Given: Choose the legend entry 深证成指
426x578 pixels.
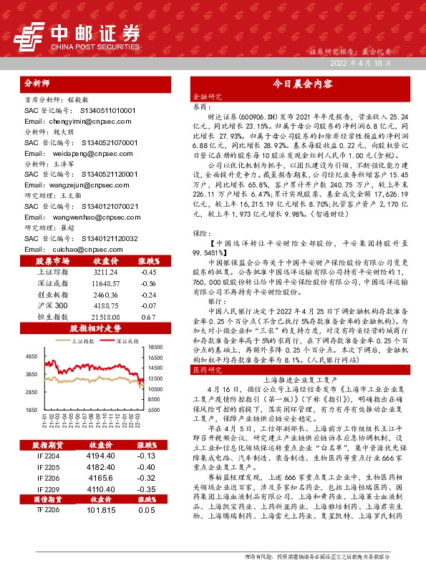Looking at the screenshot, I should coord(125,342).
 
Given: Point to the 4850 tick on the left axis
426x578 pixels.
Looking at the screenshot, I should coord(30,356).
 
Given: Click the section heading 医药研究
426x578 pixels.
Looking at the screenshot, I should coord(205,371).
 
